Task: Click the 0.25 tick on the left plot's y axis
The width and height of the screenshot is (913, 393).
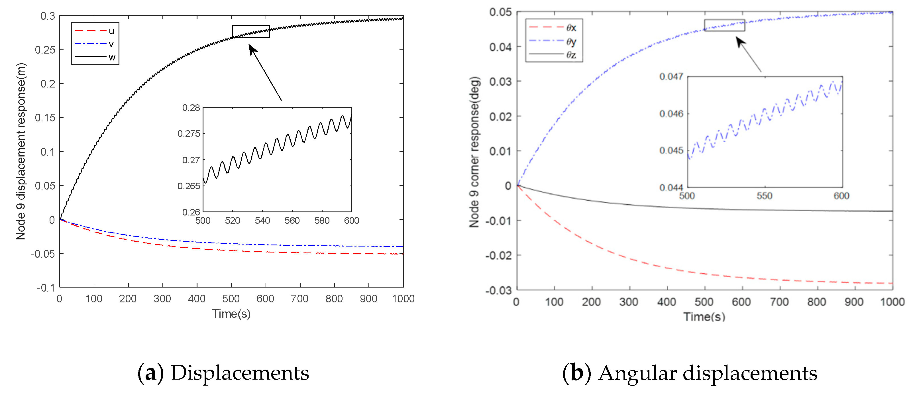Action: pos(45,50)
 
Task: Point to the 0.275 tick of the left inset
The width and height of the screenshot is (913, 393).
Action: pos(189,134)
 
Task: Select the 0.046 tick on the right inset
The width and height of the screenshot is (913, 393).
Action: pos(671,114)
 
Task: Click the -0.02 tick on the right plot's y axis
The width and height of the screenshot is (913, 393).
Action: pos(498,256)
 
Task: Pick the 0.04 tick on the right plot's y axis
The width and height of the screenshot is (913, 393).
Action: pos(500,47)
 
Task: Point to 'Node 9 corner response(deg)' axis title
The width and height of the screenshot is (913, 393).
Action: pos(474,152)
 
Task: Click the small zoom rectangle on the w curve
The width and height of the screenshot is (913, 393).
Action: pos(251,32)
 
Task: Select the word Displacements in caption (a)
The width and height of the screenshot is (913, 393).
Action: pos(240,373)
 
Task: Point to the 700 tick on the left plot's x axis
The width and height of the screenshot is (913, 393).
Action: pos(299,299)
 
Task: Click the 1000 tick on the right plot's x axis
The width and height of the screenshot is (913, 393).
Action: pos(892,302)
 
